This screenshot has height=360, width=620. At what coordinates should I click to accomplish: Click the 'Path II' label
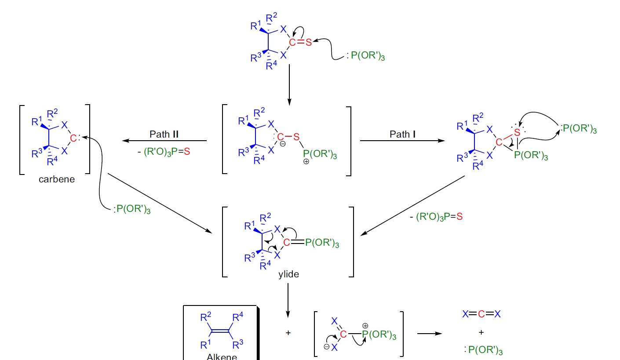[x=164, y=134]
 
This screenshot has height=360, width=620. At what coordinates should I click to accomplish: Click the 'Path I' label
[x=403, y=134]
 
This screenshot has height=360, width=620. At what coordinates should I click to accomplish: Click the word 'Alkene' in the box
[x=222, y=356]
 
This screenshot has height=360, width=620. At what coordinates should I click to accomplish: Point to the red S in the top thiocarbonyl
[x=308, y=42]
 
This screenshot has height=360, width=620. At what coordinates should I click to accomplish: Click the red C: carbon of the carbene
[x=73, y=138]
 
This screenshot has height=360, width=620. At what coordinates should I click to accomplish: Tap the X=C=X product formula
[x=481, y=314]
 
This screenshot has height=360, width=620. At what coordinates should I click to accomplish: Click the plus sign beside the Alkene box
[x=288, y=333]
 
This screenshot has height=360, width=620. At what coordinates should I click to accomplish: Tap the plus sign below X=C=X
[x=481, y=332]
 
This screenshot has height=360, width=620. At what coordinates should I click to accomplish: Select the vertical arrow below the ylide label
[x=288, y=299]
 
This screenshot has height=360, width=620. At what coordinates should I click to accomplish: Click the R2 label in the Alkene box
[x=204, y=317]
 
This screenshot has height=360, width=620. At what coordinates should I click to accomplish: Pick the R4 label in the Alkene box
[x=237, y=317]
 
